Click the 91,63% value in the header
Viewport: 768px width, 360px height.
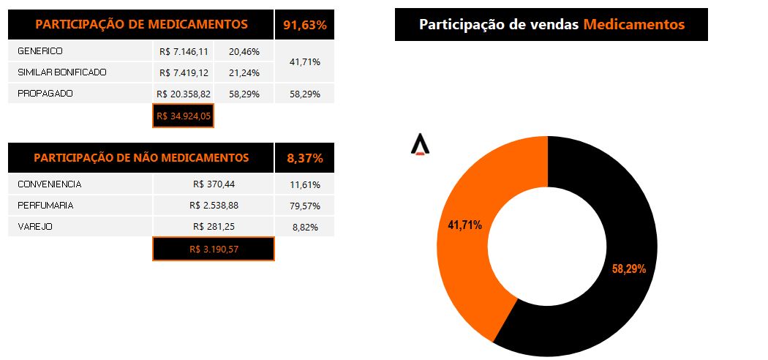click(304, 25)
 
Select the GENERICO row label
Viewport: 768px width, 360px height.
click(40, 51)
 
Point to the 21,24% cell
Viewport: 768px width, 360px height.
click(244, 73)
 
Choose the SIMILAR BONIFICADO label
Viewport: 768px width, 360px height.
click(61, 72)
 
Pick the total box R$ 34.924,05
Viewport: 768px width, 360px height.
click(183, 116)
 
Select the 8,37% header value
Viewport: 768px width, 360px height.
click(304, 158)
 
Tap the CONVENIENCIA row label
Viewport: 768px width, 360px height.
click(49, 184)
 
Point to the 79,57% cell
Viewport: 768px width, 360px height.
click(304, 206)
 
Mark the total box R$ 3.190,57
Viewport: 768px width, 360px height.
click(214, 250)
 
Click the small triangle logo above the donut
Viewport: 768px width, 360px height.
click(420, 145)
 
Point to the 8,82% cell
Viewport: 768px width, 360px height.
click(304, 228)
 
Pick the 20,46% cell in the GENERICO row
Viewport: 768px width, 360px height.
click(244, 52)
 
